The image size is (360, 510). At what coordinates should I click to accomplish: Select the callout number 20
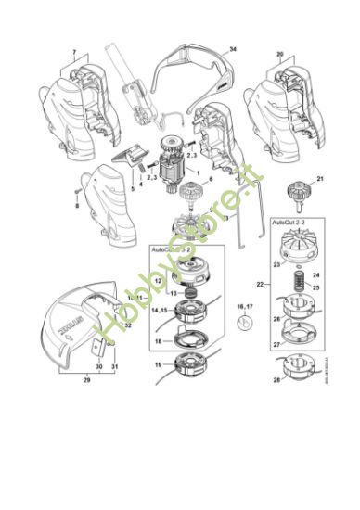(279, 55)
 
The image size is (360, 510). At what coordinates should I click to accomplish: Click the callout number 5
(131, 189)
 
